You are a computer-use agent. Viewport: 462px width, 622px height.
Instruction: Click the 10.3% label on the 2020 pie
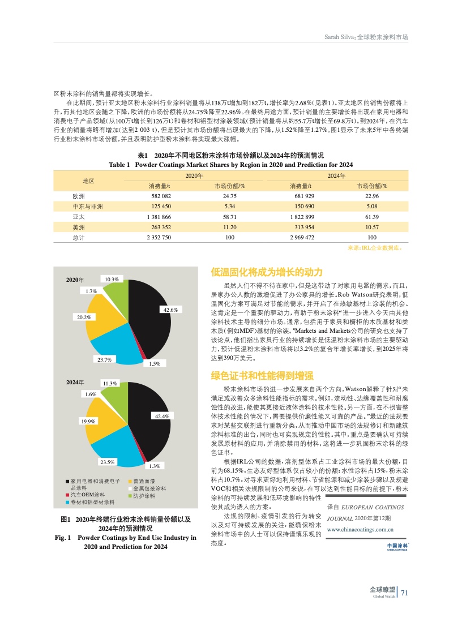111,279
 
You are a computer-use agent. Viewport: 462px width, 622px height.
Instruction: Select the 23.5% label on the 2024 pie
108,462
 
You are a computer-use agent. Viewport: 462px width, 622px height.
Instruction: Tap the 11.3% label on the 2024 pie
109,383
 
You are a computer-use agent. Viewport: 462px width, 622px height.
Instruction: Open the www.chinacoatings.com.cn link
361,530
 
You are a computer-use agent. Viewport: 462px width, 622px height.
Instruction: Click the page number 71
404,593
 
